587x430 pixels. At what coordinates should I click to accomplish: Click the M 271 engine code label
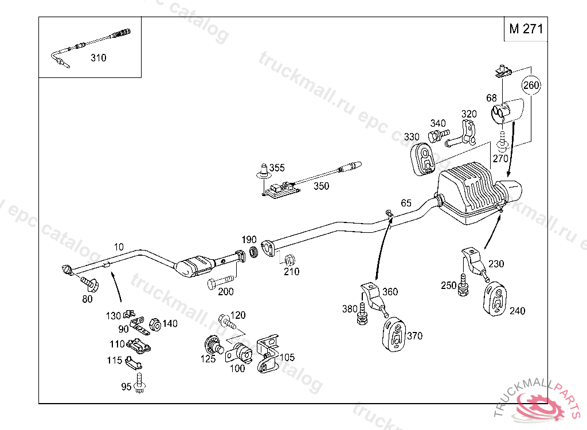tap(526, 29)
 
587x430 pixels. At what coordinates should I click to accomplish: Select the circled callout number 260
tap(531, 85)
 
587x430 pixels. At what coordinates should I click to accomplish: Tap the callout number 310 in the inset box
tap(99, 58)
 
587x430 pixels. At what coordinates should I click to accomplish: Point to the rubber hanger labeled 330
tap(422, 159)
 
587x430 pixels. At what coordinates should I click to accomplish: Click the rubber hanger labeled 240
tap(495, 298)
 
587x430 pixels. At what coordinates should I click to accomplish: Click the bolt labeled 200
tap(220, 282)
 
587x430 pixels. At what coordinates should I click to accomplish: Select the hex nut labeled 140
tap(155, 325)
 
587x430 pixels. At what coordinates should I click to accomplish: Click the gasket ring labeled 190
tap(254, 252)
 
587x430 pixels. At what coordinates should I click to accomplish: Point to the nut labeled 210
tap(289, 260)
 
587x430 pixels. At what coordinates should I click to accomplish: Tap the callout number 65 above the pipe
tap(406, 202)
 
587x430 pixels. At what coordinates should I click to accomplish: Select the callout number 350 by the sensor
tap(321, 186)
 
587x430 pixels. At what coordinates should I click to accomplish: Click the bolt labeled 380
tap(362, 314)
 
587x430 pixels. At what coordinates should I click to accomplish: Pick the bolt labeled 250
tap(463, 285)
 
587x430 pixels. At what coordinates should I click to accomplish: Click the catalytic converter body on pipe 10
tap(195, 267)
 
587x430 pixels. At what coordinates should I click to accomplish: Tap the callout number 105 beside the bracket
tap(287, 357)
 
